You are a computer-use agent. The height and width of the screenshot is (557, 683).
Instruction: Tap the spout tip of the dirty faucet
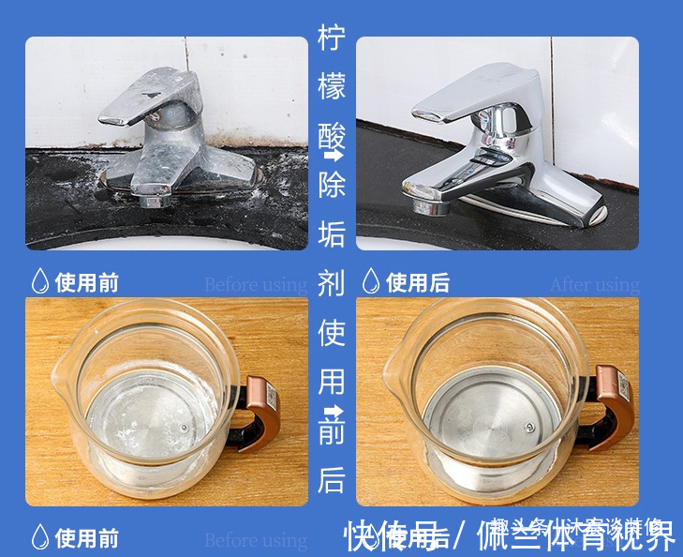(151, 198)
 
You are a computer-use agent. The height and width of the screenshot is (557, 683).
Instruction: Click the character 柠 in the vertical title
(332, 39)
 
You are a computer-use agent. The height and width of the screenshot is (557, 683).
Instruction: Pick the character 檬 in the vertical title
(332, 88)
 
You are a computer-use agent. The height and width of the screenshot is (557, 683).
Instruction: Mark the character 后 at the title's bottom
(332, 479)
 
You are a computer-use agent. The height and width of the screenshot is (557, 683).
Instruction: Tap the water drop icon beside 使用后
(371, 280)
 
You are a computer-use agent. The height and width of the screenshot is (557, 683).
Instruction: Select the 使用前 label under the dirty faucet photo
(87, 282)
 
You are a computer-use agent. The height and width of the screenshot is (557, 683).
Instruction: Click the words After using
(594, 284)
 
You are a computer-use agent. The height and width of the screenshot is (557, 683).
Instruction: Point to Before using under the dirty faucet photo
(255, 284)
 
